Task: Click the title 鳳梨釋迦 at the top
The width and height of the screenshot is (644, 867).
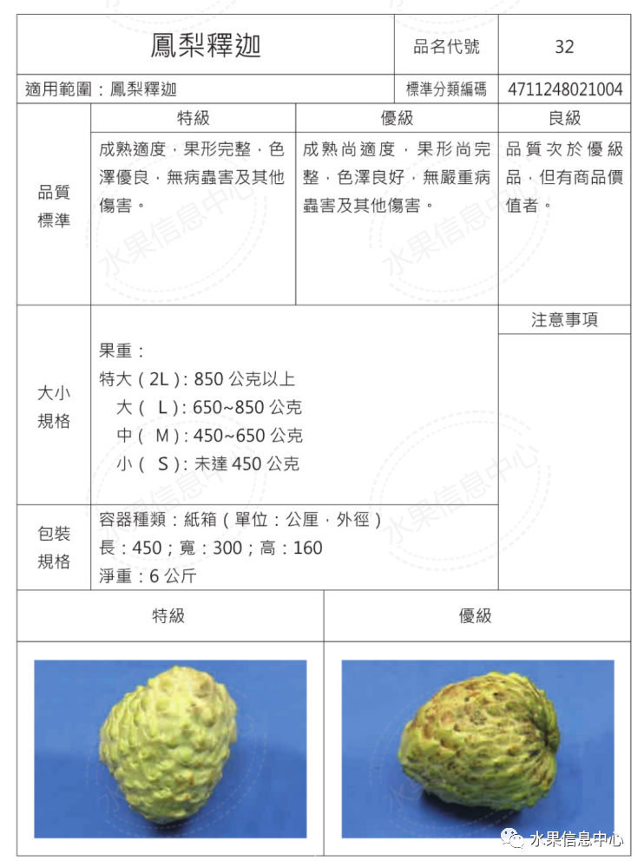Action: (x=206, y=45)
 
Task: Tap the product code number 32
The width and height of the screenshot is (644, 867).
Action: (x=564, y=47)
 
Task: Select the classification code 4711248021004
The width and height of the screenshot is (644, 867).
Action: (x=565, y=89)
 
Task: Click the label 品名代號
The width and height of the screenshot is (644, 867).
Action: (x=446, y=46)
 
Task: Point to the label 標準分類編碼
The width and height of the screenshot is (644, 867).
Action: (x=446, y=89)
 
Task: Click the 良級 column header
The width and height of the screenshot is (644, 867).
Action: (x=564, y=118)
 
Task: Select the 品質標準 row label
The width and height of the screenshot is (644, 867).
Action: (x=54, y=207)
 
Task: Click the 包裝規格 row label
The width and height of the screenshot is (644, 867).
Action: (x=54, y=548)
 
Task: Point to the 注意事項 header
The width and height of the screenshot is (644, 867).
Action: (x=564, y=320)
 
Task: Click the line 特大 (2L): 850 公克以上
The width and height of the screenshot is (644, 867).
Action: (x=197, y=379)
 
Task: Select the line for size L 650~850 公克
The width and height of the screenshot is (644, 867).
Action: (x=209, y=407)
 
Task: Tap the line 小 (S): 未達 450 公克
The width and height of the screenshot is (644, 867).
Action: (x=207, y=464)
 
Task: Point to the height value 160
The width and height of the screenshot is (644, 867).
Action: (x=307, y=548)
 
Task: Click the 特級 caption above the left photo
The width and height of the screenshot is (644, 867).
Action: (x=169, y=616)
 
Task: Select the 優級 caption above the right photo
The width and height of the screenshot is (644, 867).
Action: (x=476, y=616)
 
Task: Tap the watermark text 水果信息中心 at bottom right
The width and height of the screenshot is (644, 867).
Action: (x=576, y=839)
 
